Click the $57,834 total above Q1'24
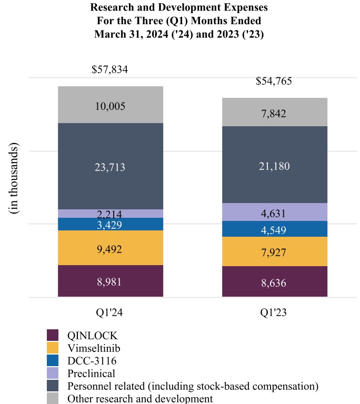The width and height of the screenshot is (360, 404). click(x=110, y=69)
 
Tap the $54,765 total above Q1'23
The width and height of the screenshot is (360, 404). click(x=274, y=81)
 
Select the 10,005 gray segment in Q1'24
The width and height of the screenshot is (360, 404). click(x=110, y=106)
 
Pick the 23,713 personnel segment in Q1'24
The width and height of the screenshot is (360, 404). click(x=110, y=167)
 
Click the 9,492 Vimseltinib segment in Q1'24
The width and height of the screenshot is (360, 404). click(x=110, y=249)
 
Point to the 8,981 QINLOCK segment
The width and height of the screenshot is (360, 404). click(x=110, y=281)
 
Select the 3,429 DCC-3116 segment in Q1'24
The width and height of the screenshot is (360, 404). click(x=110, y=225)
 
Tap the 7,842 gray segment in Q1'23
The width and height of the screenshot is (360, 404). click(x=275, y=113)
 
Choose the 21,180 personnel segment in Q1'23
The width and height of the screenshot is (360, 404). click(x=275, y=166)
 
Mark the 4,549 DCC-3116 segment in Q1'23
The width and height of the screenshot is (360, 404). click(x=275, y=229)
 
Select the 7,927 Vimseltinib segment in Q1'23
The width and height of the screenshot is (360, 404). click(x=275, y=252)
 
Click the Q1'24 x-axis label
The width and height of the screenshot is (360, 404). click(x=110, y=312)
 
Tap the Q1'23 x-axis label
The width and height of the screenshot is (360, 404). click(x=275, y=312)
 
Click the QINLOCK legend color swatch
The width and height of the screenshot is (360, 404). click(x=53, y=335)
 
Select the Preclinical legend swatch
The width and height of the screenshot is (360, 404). click(x=53, y=373)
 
